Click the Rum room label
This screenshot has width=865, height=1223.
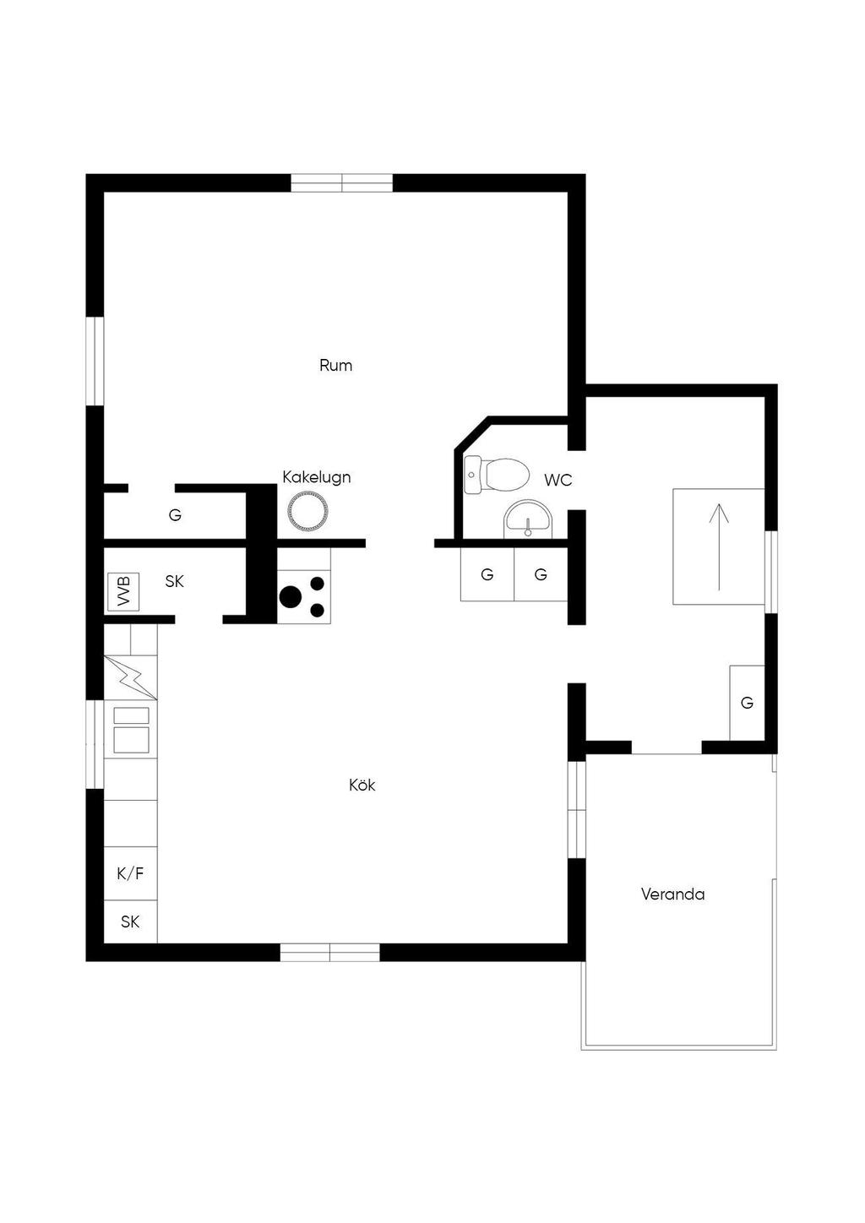coord(336,365)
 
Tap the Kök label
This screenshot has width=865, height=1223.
coord(362,785)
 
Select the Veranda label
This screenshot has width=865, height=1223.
coord(672,894)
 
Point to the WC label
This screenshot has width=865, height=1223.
coord(558,481)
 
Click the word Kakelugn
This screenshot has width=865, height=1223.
coord(317,478)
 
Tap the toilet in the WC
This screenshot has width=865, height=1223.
coord(497,475)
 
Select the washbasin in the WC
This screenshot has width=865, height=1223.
coord(528,519)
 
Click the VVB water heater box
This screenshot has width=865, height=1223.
coord(123,592)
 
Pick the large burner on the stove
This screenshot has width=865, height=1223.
coord(290,596)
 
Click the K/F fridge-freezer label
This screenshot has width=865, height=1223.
coord(131,873)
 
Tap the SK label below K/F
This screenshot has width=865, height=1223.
coord(130,922)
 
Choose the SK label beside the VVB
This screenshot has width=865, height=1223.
coord(175,582)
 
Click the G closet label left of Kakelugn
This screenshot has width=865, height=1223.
coord(175,515)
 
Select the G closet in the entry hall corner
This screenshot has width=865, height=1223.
coord(747,703)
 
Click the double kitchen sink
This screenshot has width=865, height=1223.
coord(131,730)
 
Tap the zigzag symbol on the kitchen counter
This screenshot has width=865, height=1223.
coord(131,678)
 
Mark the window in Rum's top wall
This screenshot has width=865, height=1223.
coord(342,183)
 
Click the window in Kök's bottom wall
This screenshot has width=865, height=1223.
coord(329,953)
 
